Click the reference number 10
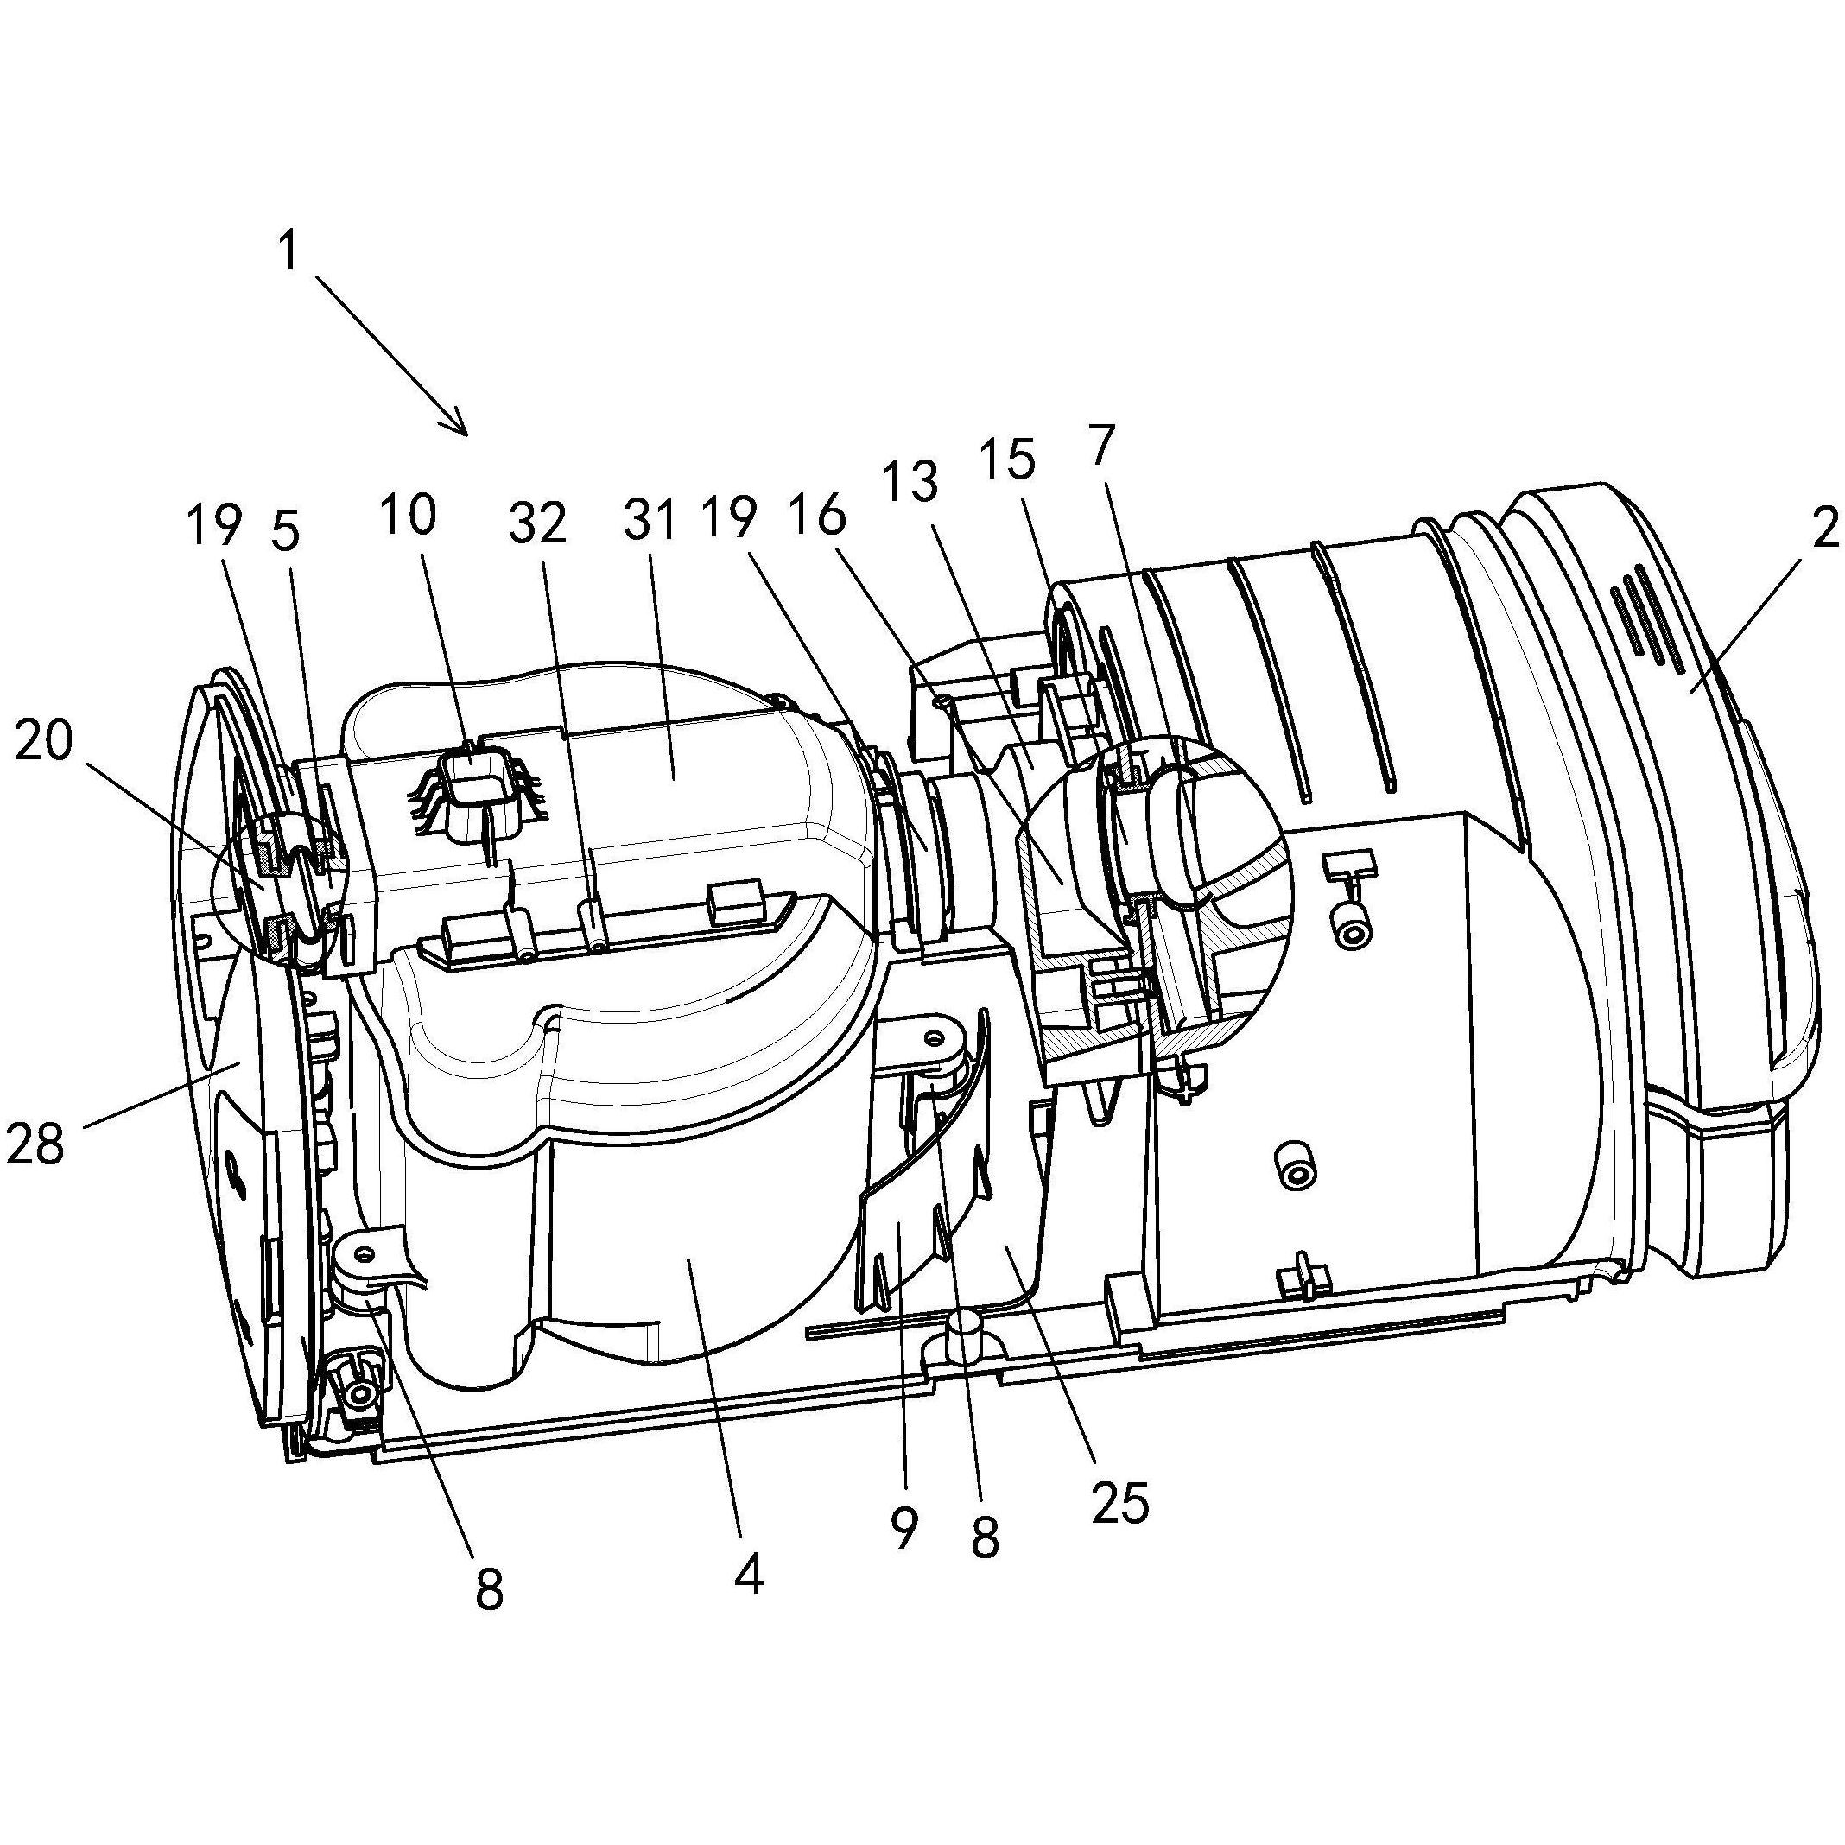tap(409, 517)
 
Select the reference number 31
tap(650, 523)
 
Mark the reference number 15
tap(1009, 460)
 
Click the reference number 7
tap(1100, 446)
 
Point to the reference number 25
tap(1120, 1505)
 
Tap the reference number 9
tap(903, 1529)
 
